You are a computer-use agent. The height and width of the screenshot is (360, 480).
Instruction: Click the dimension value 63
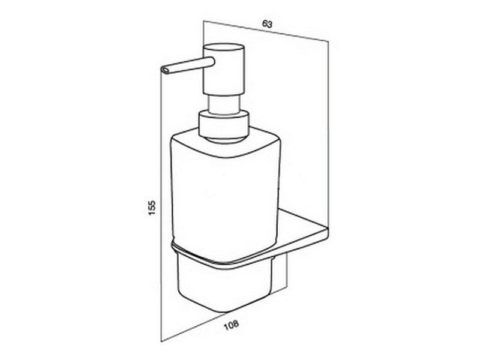pos(267,24)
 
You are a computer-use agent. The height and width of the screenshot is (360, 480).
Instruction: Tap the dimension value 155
pos(152,208)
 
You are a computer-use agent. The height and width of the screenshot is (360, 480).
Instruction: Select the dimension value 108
pos(231,325)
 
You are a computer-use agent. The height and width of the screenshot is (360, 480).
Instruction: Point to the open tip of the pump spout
pos(164,70)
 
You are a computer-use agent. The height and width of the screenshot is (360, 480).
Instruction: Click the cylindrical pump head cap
pos(224,69)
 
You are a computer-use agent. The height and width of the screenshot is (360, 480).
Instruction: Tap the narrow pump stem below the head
pos(224,104)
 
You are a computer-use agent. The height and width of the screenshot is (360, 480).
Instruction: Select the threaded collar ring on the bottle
pos(224,126)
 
